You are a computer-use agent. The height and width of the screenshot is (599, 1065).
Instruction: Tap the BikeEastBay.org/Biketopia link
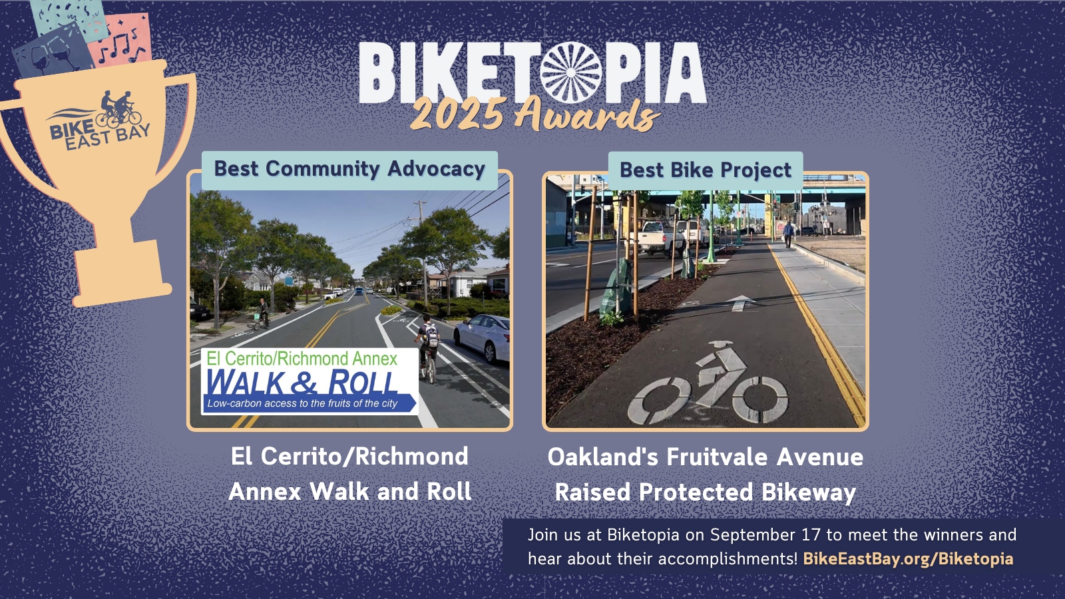coord(908,558)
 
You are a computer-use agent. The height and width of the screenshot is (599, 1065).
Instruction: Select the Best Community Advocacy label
coord(349,170)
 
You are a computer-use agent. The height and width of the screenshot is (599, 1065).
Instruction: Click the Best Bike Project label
coord(706,170)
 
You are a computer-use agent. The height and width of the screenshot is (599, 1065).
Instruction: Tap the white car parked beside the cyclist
coord(482,337)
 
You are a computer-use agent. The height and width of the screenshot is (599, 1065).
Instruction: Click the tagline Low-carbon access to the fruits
coord(302,404)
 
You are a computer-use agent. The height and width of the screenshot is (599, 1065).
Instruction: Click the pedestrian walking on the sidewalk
coord(788,234)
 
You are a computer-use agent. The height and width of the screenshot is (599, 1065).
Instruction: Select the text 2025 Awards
coord(535,114)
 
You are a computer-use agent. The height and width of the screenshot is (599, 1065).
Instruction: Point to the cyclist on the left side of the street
coord(262,313)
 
